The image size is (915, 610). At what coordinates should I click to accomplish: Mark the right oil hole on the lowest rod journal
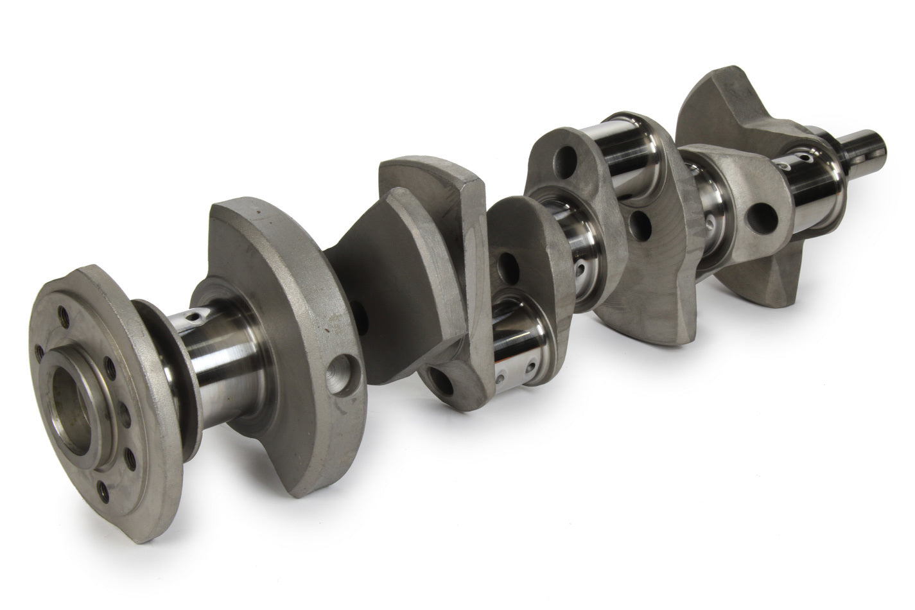coord(530,367)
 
